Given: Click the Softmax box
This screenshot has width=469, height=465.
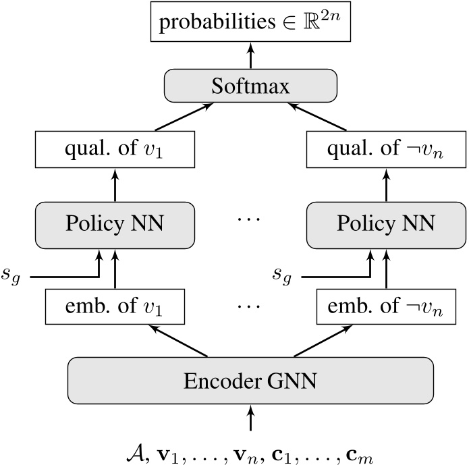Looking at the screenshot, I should [250, 87].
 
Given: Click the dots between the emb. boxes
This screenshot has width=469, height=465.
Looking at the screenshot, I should [250, 305].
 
